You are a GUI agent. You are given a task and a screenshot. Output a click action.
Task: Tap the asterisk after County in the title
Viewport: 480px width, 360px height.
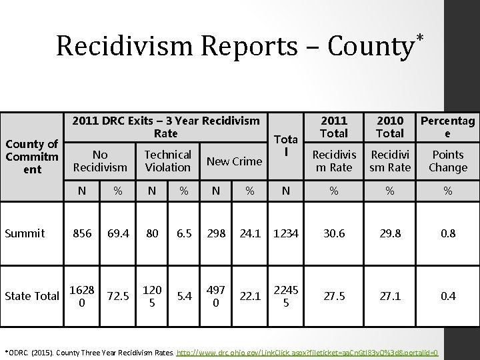420,34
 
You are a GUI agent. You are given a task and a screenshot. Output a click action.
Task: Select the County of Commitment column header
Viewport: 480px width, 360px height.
31,157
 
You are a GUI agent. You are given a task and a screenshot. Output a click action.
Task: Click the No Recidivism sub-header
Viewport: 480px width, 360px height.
100,161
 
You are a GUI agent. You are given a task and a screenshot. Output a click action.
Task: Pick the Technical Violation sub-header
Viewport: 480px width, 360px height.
167,161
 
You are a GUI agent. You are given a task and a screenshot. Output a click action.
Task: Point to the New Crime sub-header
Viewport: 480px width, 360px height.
234,161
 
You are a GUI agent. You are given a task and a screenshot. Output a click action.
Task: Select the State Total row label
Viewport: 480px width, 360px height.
33,295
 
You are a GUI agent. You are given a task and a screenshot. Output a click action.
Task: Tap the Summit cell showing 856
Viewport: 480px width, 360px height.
82,233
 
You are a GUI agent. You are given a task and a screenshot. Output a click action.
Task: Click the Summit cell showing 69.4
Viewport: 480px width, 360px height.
117,233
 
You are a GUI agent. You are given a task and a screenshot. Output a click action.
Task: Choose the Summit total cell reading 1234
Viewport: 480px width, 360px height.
285,233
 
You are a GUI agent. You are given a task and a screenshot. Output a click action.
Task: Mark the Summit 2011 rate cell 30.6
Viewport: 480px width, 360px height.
334,233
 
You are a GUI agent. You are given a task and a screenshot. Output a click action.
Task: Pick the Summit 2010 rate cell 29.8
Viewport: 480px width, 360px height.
390,233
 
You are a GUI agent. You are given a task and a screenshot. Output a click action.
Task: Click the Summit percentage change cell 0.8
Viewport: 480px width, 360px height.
448,233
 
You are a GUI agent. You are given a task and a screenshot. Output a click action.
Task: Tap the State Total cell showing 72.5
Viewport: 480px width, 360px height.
117,295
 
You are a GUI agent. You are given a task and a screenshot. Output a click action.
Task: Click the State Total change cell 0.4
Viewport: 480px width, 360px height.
448,295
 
